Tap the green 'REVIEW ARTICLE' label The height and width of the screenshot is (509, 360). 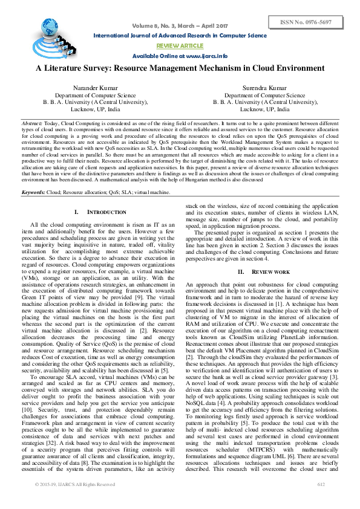point(180,45)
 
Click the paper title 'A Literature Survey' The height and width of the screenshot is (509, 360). point(180,68)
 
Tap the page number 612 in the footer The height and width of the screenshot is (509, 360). point(321,501)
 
